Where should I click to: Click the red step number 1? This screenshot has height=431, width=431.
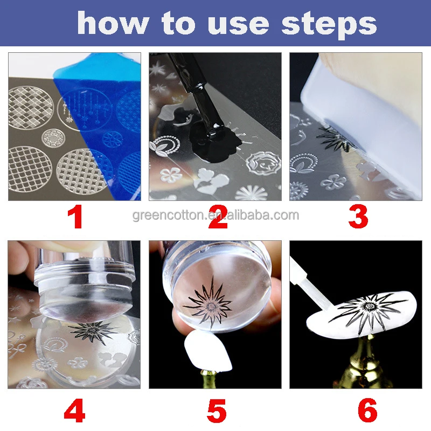tap(75, 217)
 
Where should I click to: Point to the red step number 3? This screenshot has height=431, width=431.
tap(358, 217)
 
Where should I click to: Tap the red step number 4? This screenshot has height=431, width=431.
tap(74, 411)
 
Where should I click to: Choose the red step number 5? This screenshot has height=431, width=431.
tap(217, 411)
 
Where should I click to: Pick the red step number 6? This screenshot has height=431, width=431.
tap(367, 411)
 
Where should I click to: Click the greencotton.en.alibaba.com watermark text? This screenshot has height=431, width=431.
tap(215, 215)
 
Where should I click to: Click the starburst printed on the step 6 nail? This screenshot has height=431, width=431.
tap(369, 312)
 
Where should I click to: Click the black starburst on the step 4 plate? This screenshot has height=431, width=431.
tap(93, 331)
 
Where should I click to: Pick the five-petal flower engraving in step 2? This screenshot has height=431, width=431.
tap(171, 175)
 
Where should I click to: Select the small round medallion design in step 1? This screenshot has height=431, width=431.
tap(53, 138)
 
